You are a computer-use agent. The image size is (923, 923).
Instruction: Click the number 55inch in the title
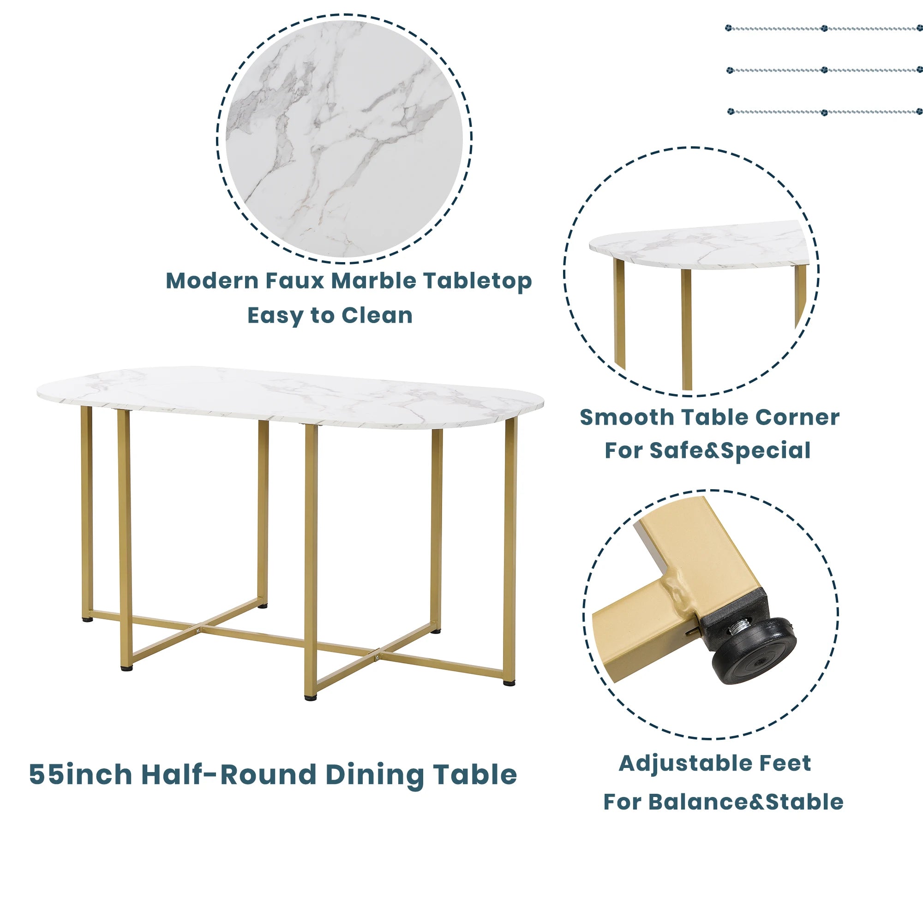tap(80, 774)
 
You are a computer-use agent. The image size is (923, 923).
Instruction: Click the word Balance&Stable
tap(746, 802)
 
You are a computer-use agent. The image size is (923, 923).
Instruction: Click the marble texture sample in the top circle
tap(344, 138)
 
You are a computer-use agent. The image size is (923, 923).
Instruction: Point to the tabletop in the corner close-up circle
tap(697, 246)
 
